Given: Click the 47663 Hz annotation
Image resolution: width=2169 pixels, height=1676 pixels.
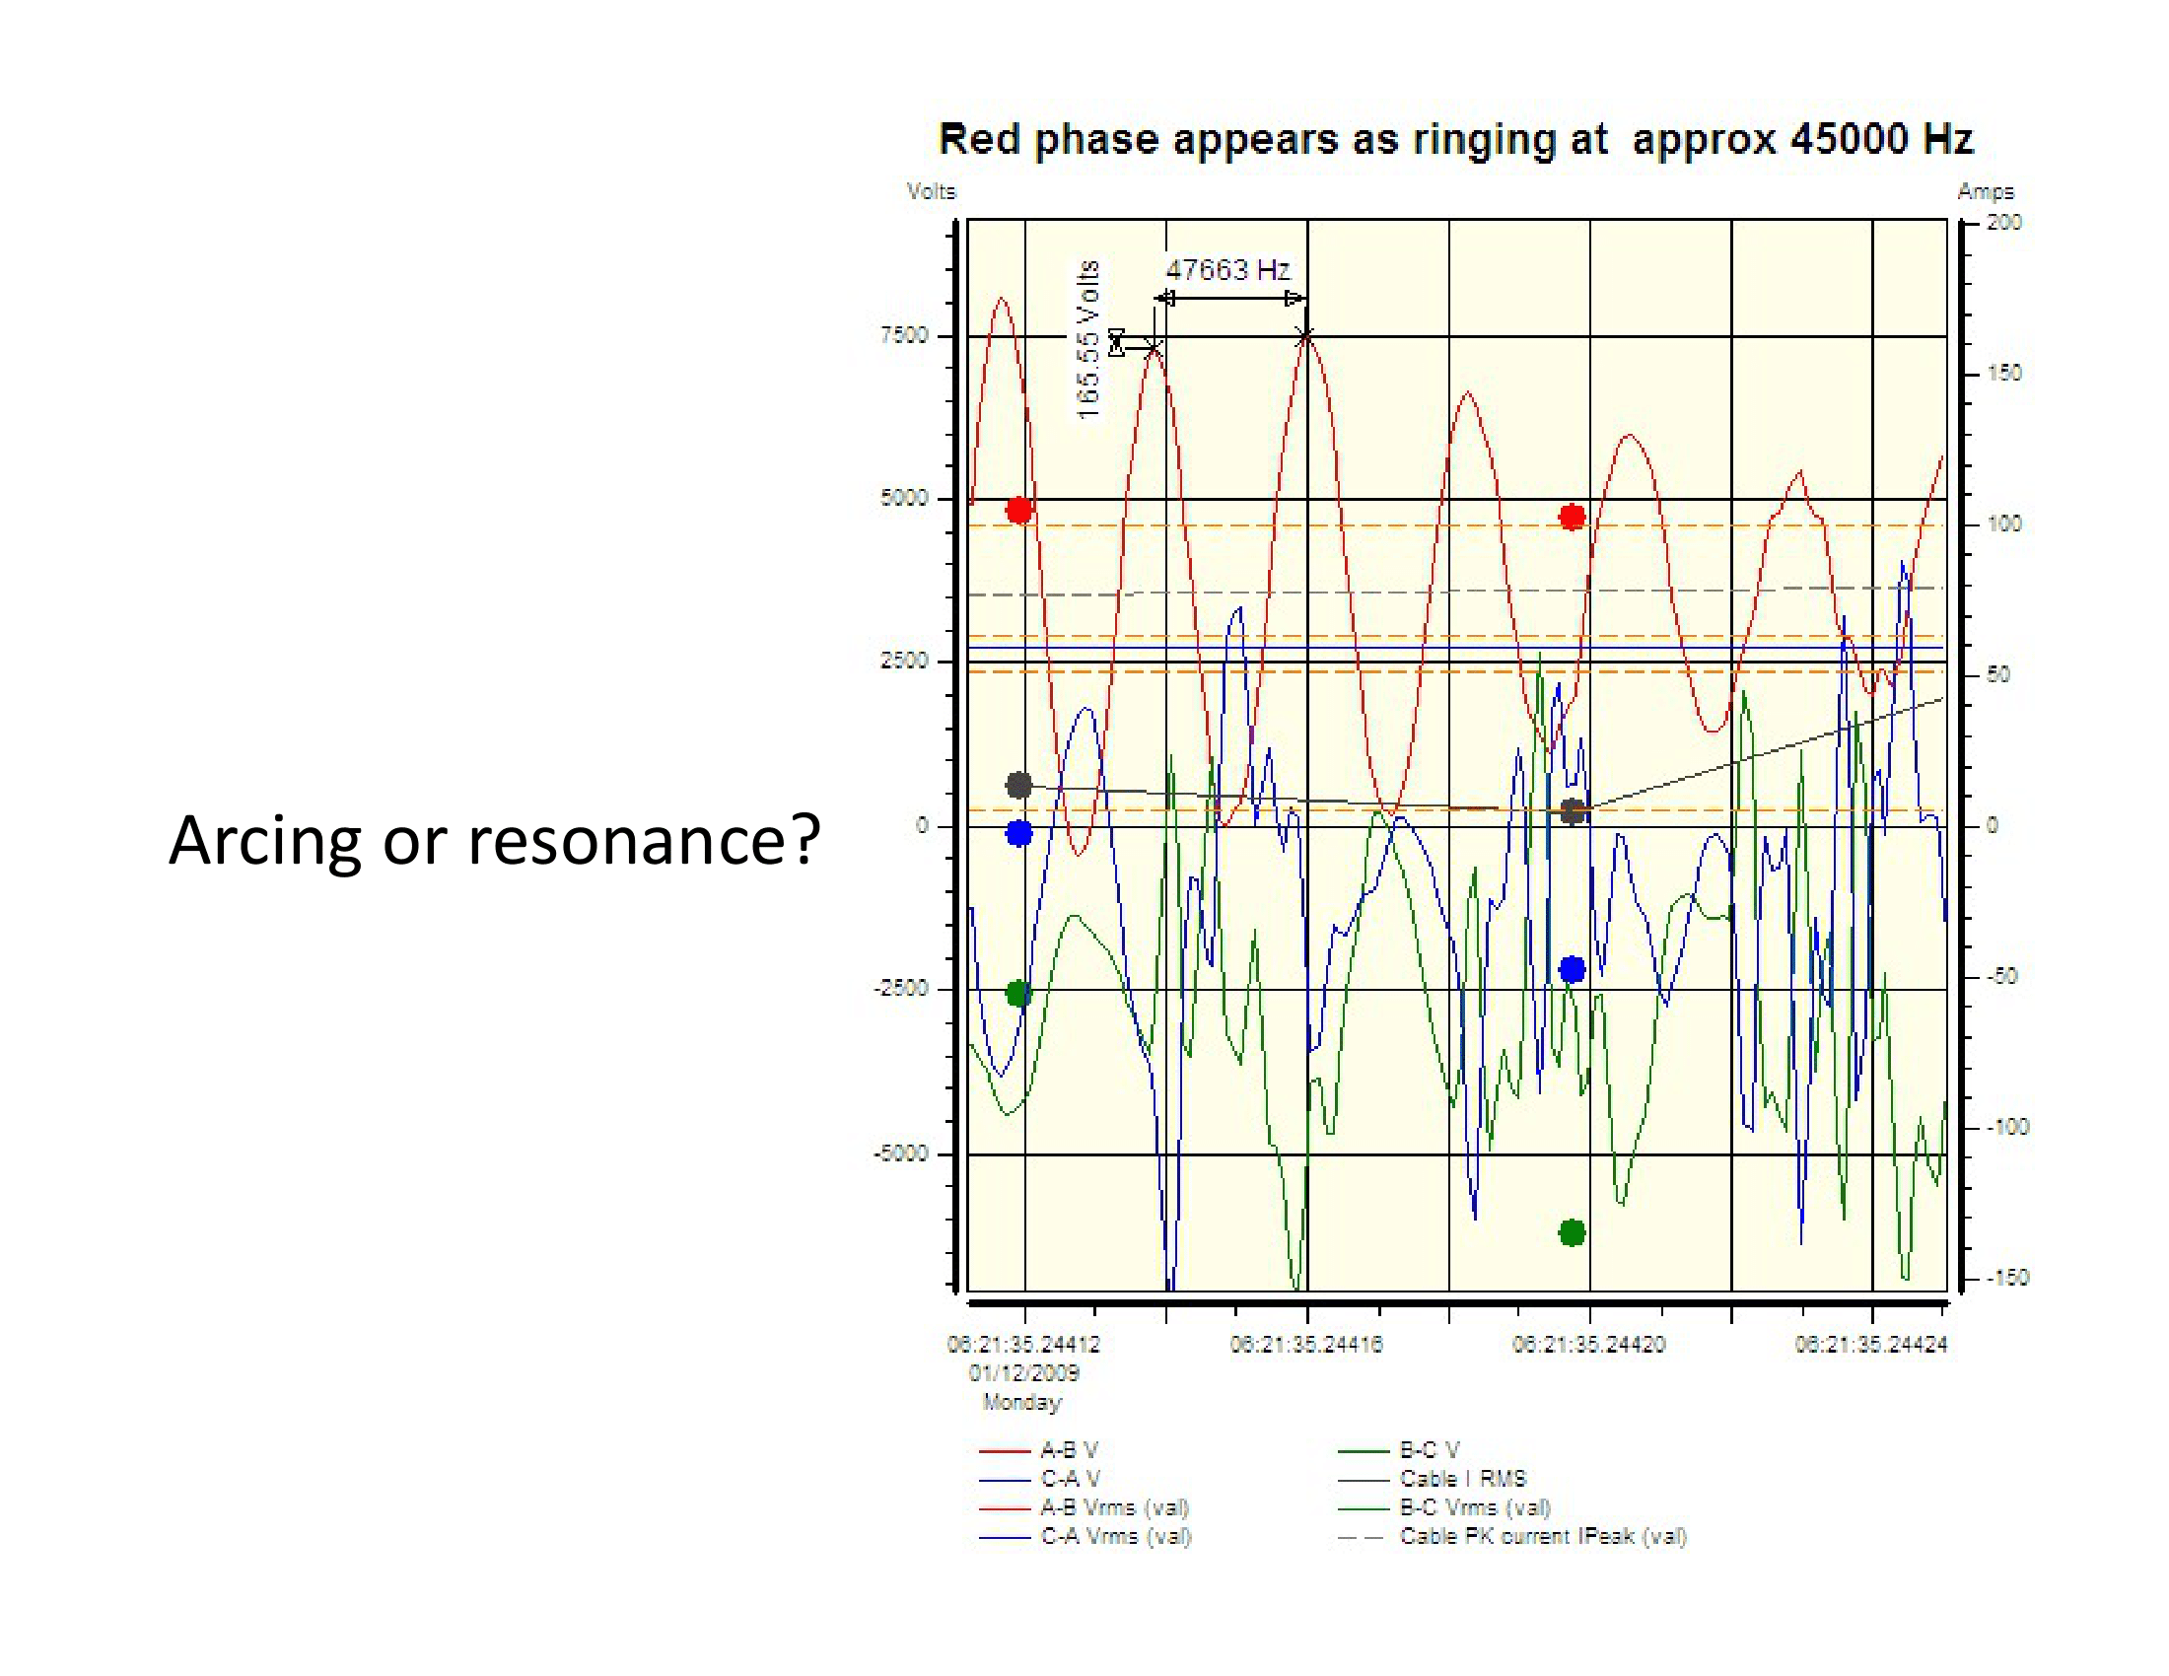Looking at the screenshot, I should coord(1226,270).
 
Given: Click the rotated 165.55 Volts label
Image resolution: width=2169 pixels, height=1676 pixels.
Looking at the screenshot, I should coord(1088,339).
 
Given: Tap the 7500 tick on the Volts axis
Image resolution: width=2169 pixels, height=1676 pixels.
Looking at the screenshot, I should coord(904,335).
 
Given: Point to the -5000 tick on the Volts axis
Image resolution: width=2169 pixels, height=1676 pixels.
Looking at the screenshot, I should coord(901,1153).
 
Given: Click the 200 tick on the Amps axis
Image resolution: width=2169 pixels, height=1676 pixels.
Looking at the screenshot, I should coord(2003,222).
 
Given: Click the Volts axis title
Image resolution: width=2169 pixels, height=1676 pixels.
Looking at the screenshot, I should coord(931,191).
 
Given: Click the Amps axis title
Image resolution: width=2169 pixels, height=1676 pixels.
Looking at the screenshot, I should coord(1986,191).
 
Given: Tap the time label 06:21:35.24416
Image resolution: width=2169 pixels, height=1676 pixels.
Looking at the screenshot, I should coord(1306,1345).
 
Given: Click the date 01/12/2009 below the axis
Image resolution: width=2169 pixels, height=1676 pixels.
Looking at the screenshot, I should coord(1024,1373).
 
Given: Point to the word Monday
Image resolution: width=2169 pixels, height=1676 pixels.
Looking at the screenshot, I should coord(1022,1402).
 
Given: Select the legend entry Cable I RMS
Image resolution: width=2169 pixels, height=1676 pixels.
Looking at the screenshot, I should coord(1462,1479).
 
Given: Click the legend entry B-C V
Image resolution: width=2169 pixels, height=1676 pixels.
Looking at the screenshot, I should coord(1430,1449).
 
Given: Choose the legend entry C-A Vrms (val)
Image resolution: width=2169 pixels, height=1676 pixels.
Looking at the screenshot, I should coord(1115,1536).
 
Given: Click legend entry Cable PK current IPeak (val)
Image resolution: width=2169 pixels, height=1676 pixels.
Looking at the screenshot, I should coord(1542,1536).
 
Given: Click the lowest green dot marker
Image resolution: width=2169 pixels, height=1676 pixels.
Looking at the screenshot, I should coord(1573,1233).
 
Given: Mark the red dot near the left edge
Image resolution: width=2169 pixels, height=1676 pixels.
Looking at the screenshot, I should coord(1019,511).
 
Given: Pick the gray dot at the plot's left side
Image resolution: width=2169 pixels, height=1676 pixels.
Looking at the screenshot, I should coord(1019,786).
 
